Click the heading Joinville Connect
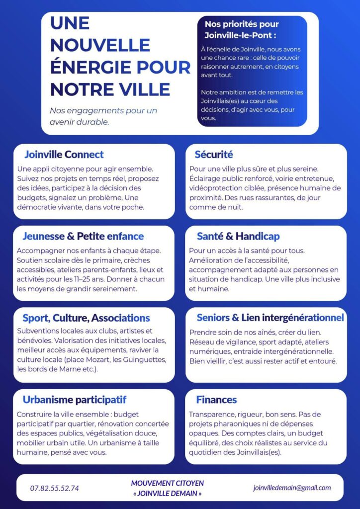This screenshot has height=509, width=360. pos(64,155)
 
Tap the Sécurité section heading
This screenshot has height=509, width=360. pos(214,155)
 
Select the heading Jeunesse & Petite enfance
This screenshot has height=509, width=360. pos(83,236)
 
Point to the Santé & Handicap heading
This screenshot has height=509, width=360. pos(238,236)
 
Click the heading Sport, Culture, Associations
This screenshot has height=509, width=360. pos(86,318)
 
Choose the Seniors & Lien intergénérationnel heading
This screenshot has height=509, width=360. pos(270,318)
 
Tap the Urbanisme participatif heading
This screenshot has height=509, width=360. pos(75,400)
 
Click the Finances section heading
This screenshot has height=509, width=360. pos(216,400)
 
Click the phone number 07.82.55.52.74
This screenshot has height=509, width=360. pos(54,488)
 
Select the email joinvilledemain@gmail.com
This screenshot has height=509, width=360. pos(292,488)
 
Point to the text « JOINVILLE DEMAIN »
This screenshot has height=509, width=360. pos(168,494)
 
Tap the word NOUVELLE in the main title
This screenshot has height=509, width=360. pos(100,45)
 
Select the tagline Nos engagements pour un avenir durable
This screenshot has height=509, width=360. pos(103,116)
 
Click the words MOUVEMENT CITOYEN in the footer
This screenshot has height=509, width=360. pos(168,483)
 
